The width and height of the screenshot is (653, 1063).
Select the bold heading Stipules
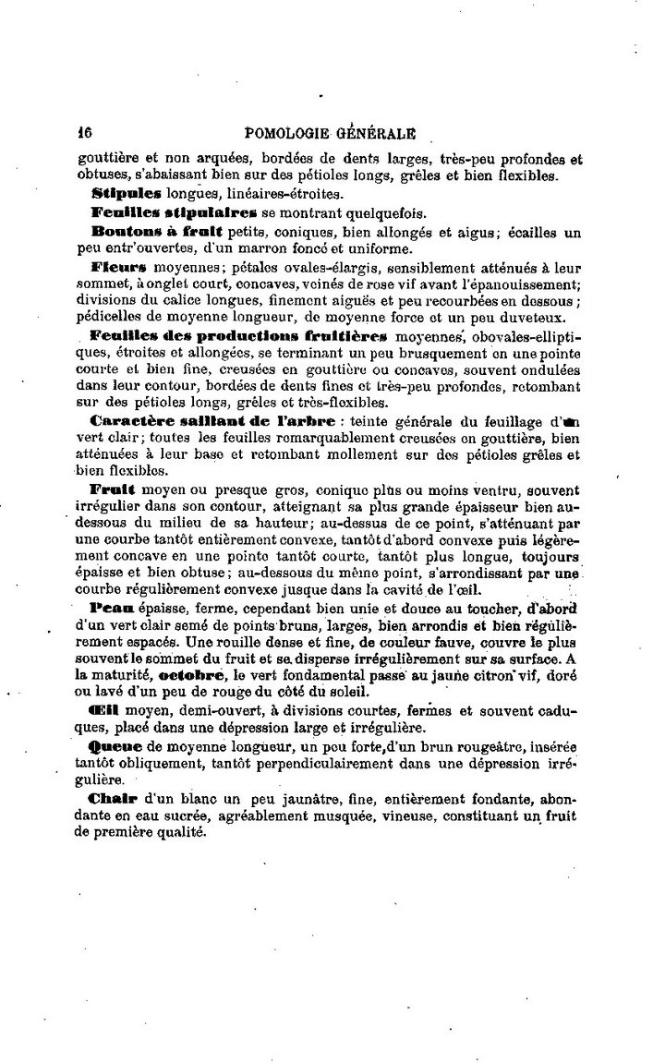coord(127,193)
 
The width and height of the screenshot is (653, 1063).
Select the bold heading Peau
coord(113,609)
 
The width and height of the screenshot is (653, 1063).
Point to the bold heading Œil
coord(104,712)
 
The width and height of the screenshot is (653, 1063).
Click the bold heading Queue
coord(116,747)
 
